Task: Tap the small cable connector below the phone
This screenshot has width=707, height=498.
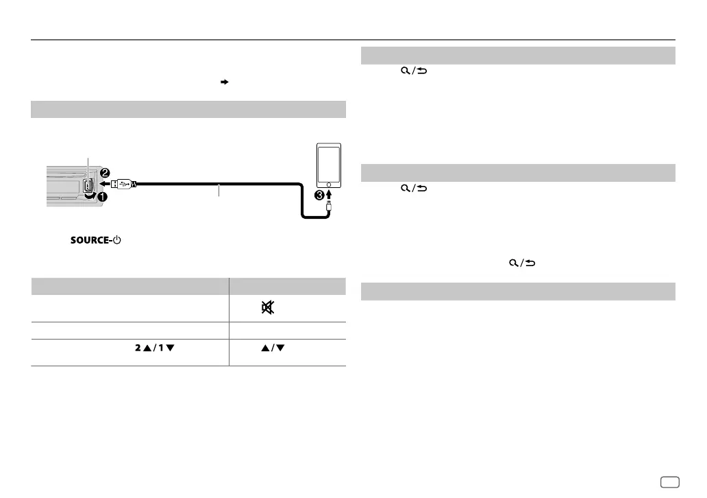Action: pos(330,206)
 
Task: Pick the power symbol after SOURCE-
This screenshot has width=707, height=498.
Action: pos(117,241)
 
